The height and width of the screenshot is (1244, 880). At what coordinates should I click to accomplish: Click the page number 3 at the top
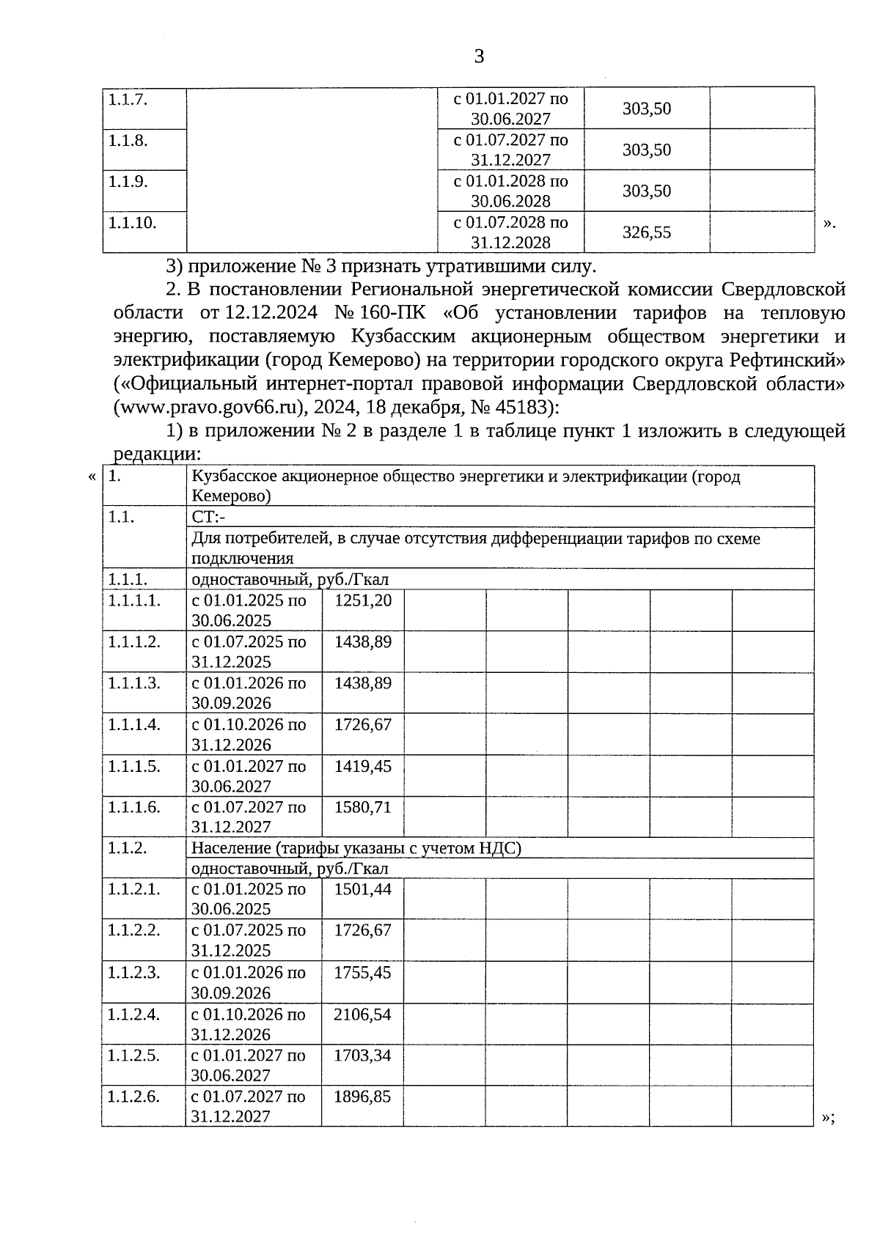point(479,56)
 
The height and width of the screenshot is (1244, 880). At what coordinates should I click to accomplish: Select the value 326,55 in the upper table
point(646,233)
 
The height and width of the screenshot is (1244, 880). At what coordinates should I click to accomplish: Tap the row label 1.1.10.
point(133,223)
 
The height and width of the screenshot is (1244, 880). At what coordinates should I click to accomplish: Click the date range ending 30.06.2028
point(510,191)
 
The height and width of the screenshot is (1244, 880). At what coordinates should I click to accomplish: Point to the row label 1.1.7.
point(128,99)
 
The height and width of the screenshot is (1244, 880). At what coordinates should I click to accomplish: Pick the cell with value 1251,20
point(362,601)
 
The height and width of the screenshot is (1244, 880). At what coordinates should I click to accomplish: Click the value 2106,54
point(362,1015)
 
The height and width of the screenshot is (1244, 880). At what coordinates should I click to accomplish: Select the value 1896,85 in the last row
point(362,1097)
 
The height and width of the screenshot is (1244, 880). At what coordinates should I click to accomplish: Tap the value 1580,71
point(362,808)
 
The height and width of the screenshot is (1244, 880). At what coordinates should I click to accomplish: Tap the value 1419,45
point(362,767)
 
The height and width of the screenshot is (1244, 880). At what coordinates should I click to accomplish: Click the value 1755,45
point(362,973)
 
